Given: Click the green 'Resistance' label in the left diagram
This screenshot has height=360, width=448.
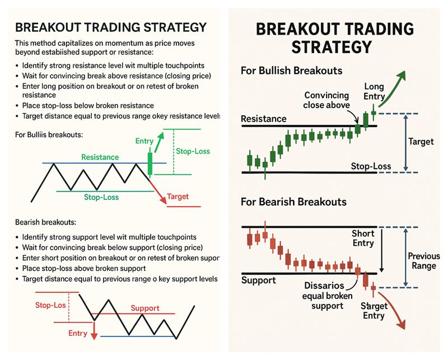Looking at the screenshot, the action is tap(100, 157).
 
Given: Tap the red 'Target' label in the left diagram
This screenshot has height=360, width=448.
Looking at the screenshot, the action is tap(178, 197).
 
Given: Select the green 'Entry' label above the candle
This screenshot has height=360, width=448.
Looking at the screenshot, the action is tap(144, 141).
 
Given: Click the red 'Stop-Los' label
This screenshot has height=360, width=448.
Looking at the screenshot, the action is tap(50, 305).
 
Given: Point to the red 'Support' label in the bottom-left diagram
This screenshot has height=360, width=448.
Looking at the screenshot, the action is tap(145, 308).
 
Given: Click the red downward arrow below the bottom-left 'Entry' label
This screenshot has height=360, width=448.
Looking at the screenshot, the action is tap(94, 331).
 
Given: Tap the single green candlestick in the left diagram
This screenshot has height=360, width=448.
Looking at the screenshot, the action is tap(150, 164).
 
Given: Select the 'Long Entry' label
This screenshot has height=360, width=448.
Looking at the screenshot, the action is tap(374, 91).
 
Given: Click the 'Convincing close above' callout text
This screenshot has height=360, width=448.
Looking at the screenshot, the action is tap(326, 100).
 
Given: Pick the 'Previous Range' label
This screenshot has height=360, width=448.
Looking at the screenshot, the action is tap(424, 261).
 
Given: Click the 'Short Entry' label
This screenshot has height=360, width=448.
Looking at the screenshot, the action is tap(363, 239).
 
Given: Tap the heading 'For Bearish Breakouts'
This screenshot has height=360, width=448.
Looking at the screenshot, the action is tap(293, 202).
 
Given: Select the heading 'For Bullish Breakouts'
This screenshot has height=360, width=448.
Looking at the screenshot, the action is tap(291, 71).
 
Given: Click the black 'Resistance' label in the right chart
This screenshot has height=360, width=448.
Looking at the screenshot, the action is tap(263, 119).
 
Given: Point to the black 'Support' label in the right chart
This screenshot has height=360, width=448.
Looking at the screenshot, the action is tap(259, 280).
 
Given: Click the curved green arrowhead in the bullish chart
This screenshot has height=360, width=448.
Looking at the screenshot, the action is tap(401, 75).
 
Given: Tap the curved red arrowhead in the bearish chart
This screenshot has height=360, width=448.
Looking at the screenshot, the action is tap(402, 324).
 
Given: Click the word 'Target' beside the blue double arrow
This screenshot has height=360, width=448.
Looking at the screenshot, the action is tap(421, 142).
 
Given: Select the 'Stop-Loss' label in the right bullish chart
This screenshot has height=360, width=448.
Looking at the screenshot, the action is tap(371, 166).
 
